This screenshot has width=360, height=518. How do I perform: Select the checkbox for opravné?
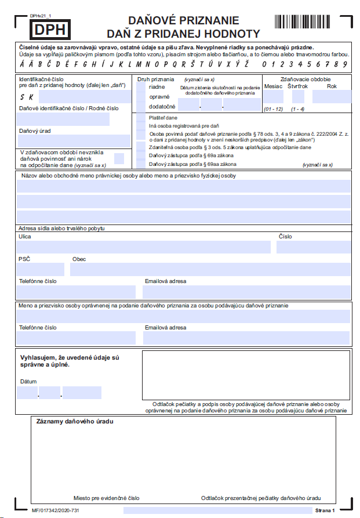(141, 96)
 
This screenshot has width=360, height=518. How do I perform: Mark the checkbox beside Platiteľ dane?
(141, 118)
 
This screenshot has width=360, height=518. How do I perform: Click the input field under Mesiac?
(273, 96)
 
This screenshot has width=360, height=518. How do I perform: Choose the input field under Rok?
(332, 96)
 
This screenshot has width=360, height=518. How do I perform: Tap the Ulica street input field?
(144, 247)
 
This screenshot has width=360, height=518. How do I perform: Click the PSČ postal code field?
(41, 269)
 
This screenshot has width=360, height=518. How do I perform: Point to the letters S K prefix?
(27, 97)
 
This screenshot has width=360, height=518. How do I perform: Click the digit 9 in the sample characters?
(345, 64)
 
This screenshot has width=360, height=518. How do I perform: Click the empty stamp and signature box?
(246, 374)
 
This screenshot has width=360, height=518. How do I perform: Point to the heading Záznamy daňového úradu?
(75, 421)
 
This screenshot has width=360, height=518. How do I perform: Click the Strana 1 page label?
(325, 510)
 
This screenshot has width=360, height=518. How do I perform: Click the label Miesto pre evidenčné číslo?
(107, 498)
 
